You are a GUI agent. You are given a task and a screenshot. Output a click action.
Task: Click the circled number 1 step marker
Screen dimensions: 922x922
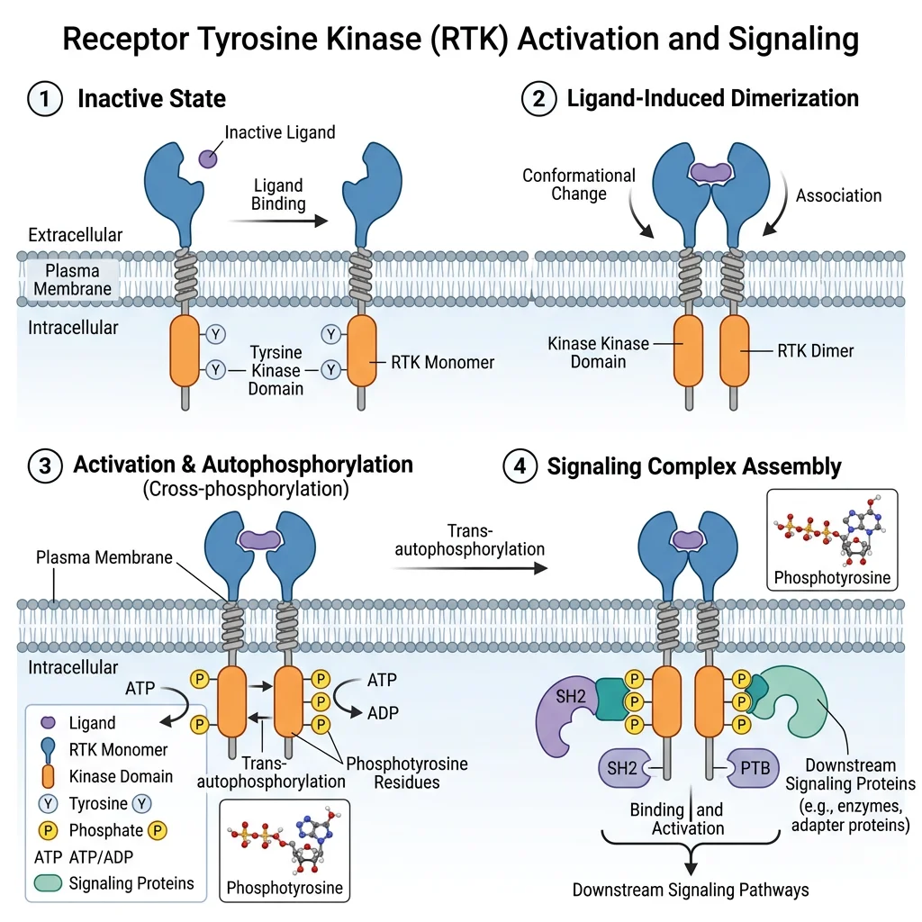click(46, 98)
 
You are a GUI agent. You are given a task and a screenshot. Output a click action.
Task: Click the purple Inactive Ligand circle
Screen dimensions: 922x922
click(208, 158)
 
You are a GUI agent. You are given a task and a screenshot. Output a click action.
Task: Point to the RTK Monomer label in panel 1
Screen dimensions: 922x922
click(442, 362)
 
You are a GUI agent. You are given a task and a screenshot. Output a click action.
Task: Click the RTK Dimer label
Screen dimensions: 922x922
click(815, 351)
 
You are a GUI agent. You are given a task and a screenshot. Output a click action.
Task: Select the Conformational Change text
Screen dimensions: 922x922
click(579, 185)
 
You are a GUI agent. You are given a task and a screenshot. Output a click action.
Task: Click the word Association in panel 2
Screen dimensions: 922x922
click(838, 194)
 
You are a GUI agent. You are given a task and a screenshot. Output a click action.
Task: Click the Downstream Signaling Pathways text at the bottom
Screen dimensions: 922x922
click(690, 890)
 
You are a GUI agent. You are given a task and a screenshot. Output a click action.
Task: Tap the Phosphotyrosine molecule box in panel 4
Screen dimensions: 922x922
click(831, 538)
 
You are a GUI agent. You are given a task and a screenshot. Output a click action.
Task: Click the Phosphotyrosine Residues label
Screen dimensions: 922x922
click(406, 773)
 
